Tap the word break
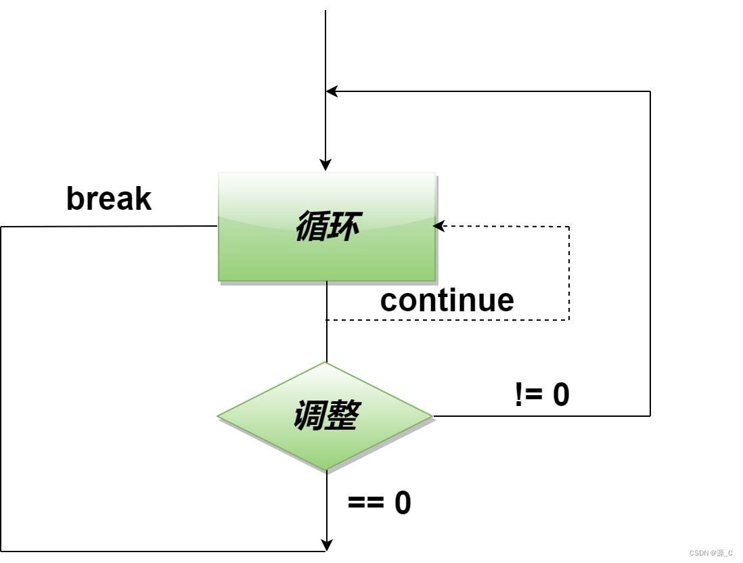tap(109, 199)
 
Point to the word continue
tap(447, 300)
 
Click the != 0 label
tap(542, 395)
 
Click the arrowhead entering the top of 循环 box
tap(325, 165)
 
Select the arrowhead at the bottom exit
tap(326, 545)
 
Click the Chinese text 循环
tap(326, 227)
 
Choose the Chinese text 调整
tap(325, 415)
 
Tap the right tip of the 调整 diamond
tap(432, 415)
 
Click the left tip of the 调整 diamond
tap(219, 415)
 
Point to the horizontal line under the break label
tap(108, 227)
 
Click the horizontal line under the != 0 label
tap(541, 415)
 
